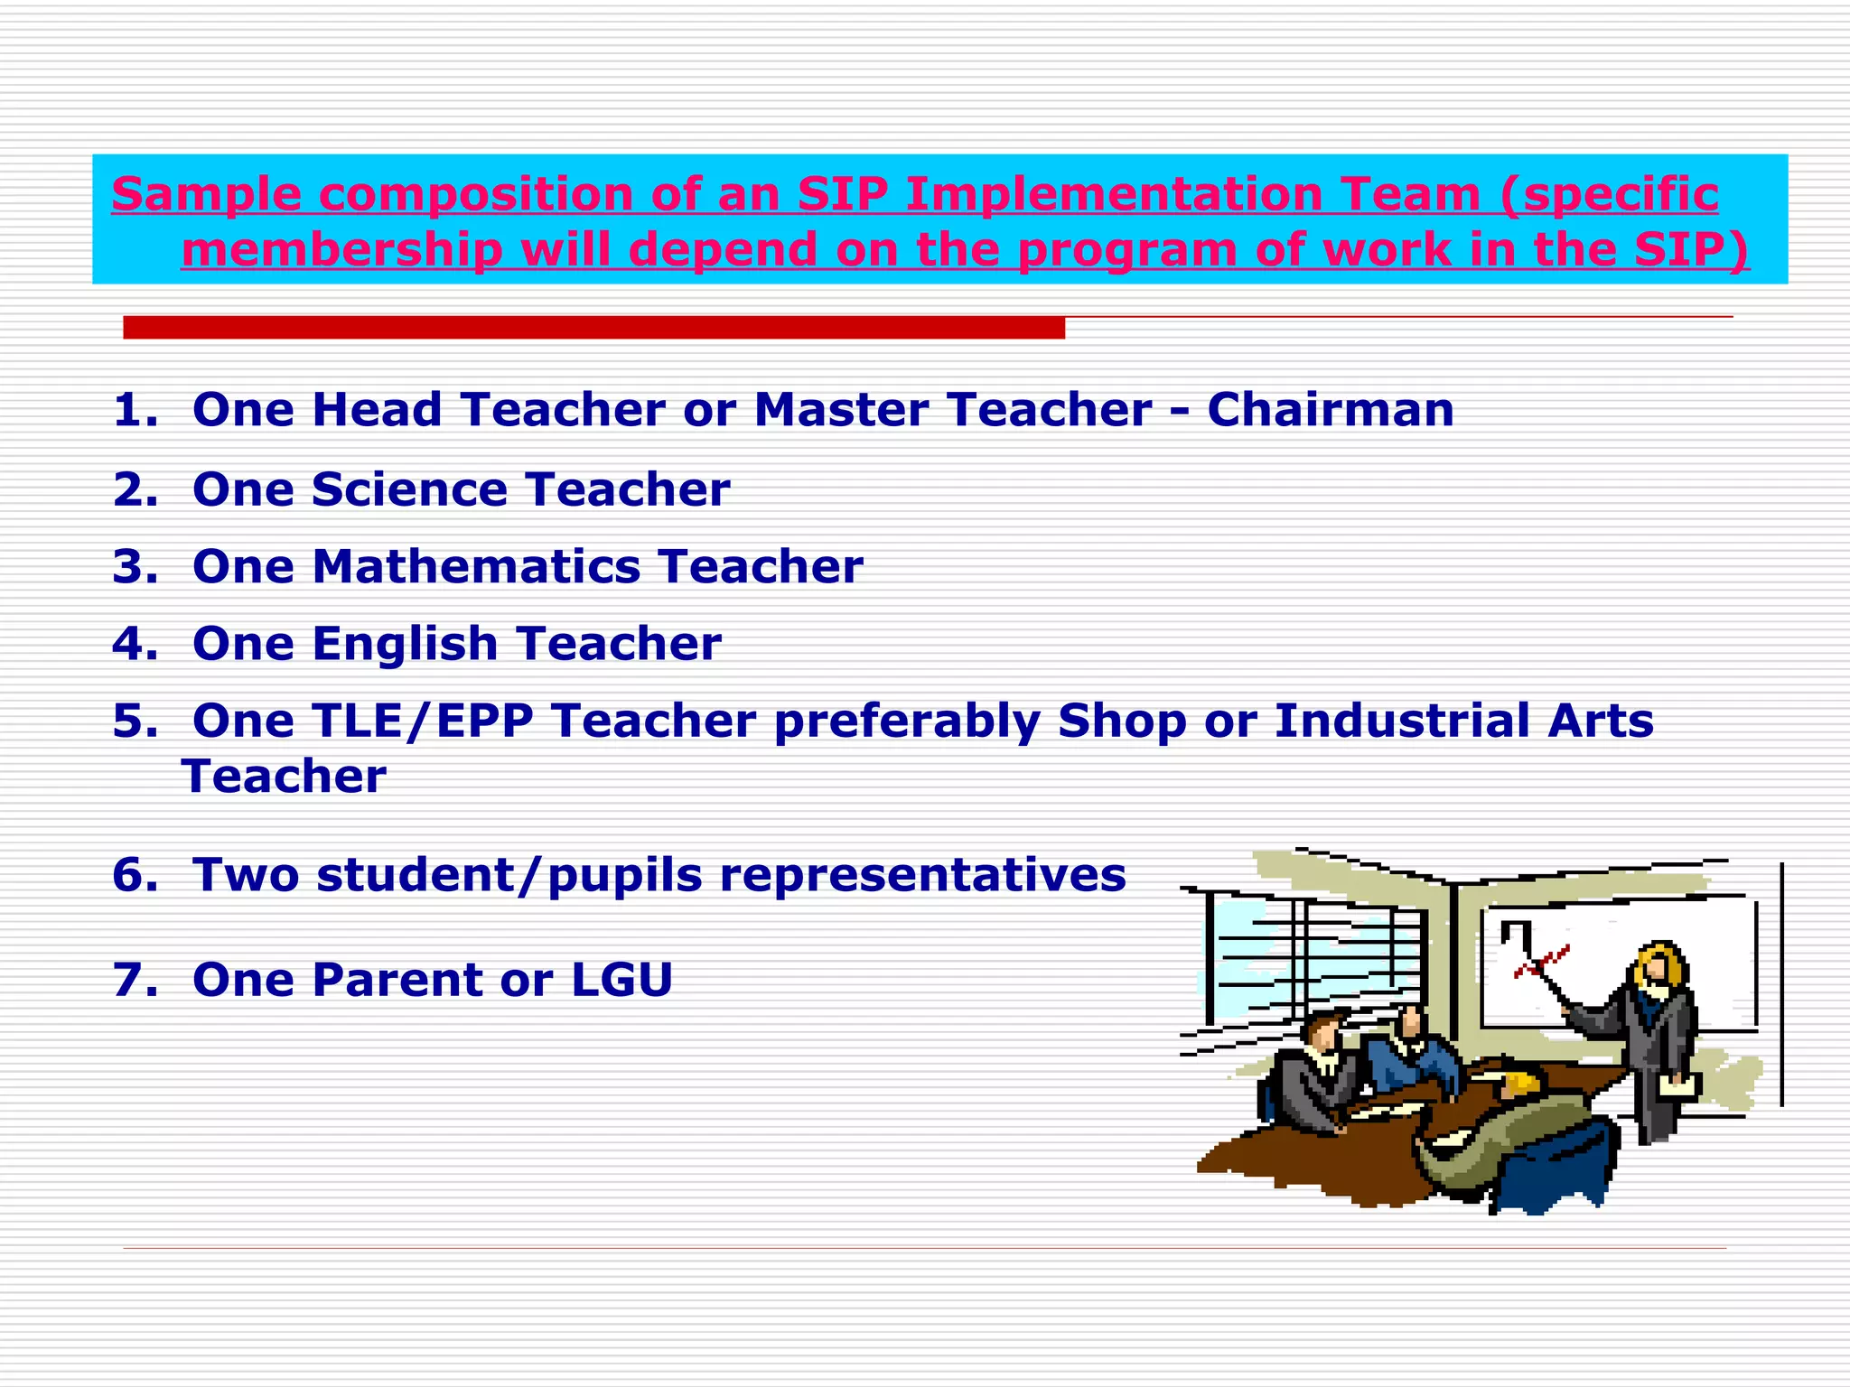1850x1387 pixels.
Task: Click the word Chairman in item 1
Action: tap(1330, 410)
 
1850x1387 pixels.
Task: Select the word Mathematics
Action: tap(476, 567)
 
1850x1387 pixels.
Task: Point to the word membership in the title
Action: tap(341, 250)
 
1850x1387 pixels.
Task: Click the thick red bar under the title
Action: tap(593, 328)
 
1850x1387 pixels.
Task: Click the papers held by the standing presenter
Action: tap(1679, 1085)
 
